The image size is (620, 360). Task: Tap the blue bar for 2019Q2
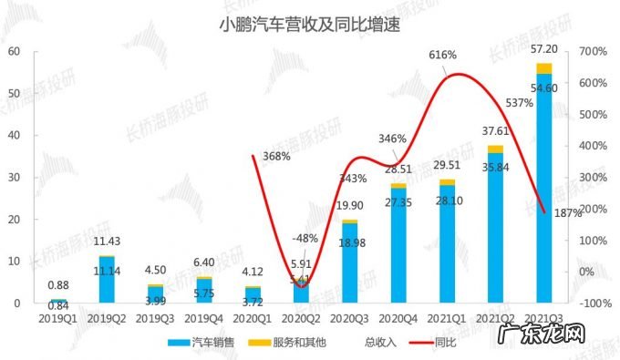click(108, 279)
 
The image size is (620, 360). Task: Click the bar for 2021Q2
click(495, 228)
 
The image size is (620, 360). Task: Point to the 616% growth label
click(442, 56)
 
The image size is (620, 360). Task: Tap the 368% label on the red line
click(276, 156)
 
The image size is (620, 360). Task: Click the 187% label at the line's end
click(567, 214)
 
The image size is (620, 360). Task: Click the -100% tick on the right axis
click(594, 303)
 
